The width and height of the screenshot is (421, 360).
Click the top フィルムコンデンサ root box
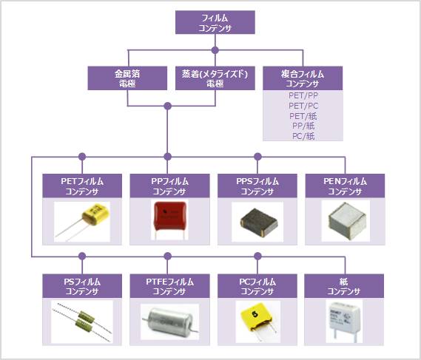[x=215, y=22]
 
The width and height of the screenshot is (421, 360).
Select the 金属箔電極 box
[x=127, y=78]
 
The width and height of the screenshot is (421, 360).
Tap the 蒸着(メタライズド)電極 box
[x=215, y=78]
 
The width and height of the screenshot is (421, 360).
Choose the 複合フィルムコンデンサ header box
[x=303, y=78]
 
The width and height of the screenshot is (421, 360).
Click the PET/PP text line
[x=303, y=95]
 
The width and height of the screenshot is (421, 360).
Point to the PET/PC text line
[x=303, y=106]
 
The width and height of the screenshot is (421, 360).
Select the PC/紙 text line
[x=303, y=136]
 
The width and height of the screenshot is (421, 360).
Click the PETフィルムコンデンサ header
[x=82, y=186]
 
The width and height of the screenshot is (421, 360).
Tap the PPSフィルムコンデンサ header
[x=257, y=186]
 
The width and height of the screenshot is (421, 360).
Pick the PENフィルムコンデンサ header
[x=345, y=186]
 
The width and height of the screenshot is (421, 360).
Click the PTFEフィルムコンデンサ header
[x=169, y=286]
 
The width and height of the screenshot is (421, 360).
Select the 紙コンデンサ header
[x=344, y=286]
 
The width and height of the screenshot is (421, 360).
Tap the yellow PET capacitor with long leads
[x=83, y=222]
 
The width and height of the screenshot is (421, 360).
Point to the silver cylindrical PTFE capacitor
[x=169, y=321]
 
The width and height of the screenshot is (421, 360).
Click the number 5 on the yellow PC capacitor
[x=255, y=314]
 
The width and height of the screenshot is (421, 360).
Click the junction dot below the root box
[x=215, y=50]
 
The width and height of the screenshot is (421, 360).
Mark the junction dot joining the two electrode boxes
[x=167, y=106]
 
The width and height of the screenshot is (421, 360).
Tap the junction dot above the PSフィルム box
[x=82, y=257]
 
